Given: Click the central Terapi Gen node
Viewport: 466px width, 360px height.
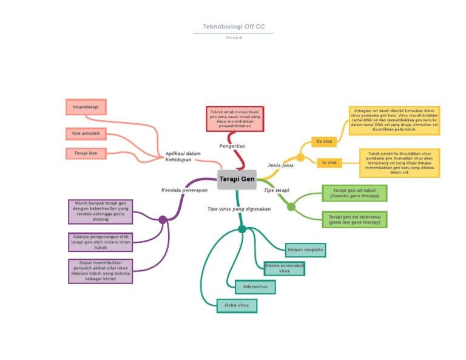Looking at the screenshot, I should pos(237,179).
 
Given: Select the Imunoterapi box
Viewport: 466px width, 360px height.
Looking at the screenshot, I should pos(86,107).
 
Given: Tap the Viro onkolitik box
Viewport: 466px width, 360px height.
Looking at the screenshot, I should pos(86,133).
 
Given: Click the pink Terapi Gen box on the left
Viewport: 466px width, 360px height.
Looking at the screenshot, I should pos(86,154).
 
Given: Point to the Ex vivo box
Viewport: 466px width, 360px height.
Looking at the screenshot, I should pos(323,141).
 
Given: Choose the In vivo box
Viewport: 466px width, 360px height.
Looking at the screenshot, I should pos(329,163).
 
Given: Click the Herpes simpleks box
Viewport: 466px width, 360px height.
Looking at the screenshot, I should pos(305,250).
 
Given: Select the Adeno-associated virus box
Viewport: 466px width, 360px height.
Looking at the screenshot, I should pos(285,268).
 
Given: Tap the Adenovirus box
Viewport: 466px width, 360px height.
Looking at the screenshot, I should pos(255,287).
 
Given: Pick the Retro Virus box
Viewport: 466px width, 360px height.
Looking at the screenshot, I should pos(237,305).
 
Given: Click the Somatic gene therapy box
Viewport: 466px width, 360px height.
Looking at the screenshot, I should pos(354,193).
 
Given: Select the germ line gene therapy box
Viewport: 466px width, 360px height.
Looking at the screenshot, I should pos(354,219).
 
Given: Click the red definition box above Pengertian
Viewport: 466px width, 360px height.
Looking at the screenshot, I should pos(235,118).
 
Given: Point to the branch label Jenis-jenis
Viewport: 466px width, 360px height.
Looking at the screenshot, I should pos(280,165).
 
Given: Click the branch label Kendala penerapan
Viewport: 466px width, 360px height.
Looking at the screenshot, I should pos(184,190).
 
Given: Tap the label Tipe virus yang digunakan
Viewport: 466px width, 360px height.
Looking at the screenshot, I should pos(239,209).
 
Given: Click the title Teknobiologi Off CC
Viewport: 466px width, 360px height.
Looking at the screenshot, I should pos(234,27).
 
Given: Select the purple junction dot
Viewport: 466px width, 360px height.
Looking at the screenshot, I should pos(163,220).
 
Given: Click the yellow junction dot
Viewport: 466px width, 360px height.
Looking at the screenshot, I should pos(300,157).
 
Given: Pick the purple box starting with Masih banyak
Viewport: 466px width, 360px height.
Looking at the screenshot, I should pos(100,211).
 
